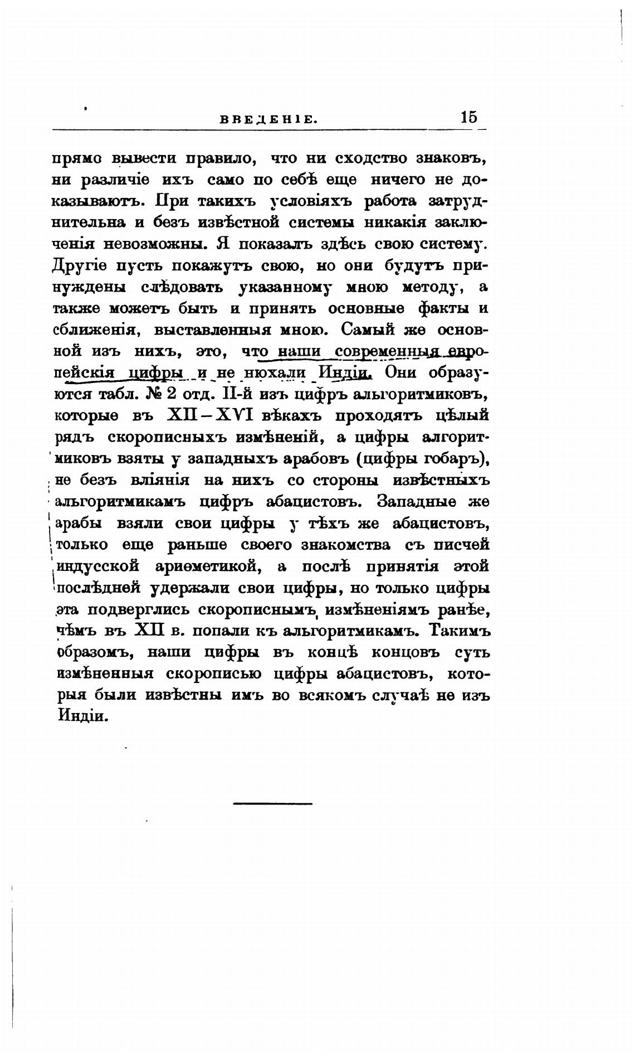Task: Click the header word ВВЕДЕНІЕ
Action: click(268, 119)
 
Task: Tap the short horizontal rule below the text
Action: click(272, 803)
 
